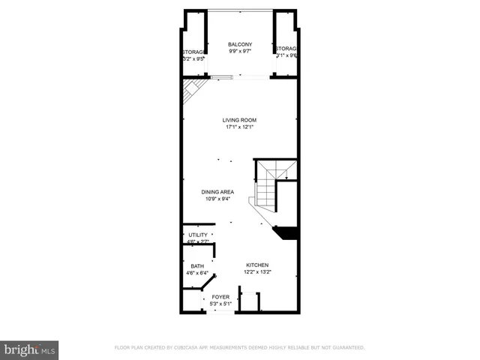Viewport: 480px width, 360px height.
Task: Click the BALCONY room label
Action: coord(239,45)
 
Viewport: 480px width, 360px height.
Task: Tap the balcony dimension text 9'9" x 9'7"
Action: coord(239,52)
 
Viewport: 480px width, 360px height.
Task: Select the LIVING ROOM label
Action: coord(239,120)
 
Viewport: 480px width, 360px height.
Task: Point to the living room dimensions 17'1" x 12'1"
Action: coord(239,127)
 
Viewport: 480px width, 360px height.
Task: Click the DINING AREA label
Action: coord(217,192)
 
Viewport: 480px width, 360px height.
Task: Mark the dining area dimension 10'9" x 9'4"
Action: coord(217,199)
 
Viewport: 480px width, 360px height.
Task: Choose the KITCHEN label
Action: coord(257,265)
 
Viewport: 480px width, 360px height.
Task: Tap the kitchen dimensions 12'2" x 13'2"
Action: coord(257,273)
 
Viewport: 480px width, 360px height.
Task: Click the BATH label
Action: coord(197,266)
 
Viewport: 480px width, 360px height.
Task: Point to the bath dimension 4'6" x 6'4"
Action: coord(197,273)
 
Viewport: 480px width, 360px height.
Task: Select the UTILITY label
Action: coord(197,235)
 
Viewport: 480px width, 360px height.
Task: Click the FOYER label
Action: coord(220,297)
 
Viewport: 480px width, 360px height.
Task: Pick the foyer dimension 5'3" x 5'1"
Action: coord(220,304)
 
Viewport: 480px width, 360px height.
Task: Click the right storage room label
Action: coord(286,49)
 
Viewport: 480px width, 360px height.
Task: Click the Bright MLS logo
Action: coord(30,349)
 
